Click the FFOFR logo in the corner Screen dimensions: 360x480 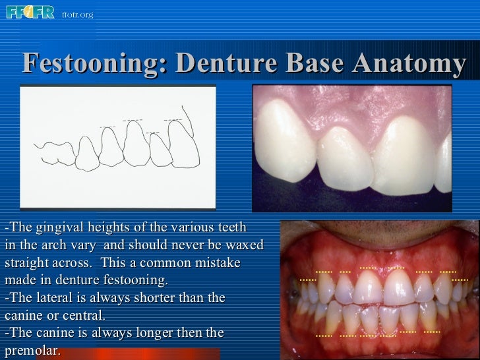(x=30, y=13)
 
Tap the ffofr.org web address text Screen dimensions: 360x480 (x=77, y=15)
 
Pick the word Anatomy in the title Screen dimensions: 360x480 (x=409, y=64)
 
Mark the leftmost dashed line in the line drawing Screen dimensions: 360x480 (x=107, y=127)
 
